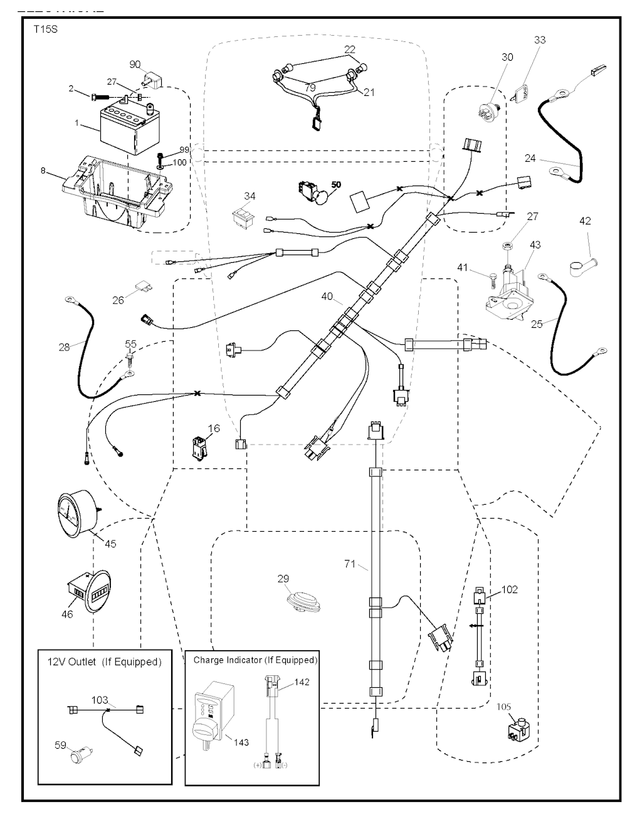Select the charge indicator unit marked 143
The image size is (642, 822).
[x=211, y=715]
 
